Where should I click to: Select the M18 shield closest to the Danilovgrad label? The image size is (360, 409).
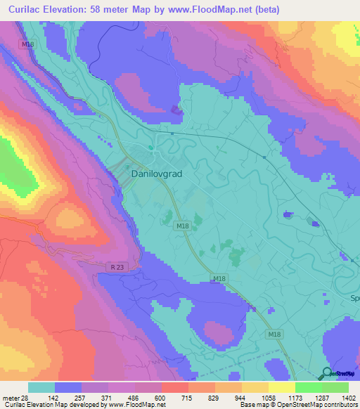pos(183,225)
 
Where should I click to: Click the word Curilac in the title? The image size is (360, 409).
pos(27,9)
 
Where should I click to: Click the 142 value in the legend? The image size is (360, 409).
pos(68,397)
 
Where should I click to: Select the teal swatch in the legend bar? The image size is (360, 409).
pos(41,387)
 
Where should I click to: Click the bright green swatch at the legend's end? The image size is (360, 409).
pos(335,387)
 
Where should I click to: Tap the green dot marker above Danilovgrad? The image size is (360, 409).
pos(150,147)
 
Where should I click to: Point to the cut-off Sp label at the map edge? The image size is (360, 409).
pos(354,297)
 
